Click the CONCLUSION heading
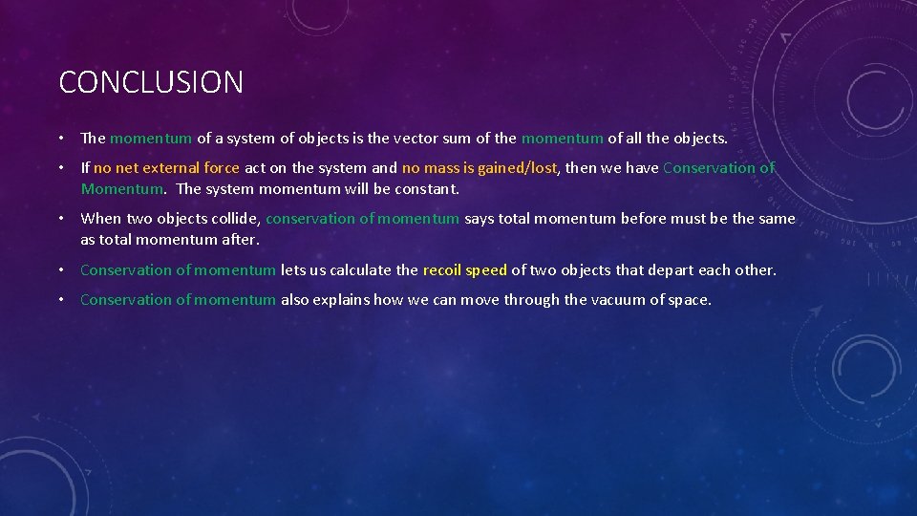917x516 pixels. point(151,82)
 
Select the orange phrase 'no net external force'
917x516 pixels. point(166,168)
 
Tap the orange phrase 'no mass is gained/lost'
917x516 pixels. point(479,168)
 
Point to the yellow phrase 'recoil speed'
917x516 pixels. point(464,270)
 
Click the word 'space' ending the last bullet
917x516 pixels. point(689,300)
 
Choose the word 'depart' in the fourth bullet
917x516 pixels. point(672,270)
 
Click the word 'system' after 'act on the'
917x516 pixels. point(341,168)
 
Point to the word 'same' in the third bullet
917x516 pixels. point(777,219)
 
